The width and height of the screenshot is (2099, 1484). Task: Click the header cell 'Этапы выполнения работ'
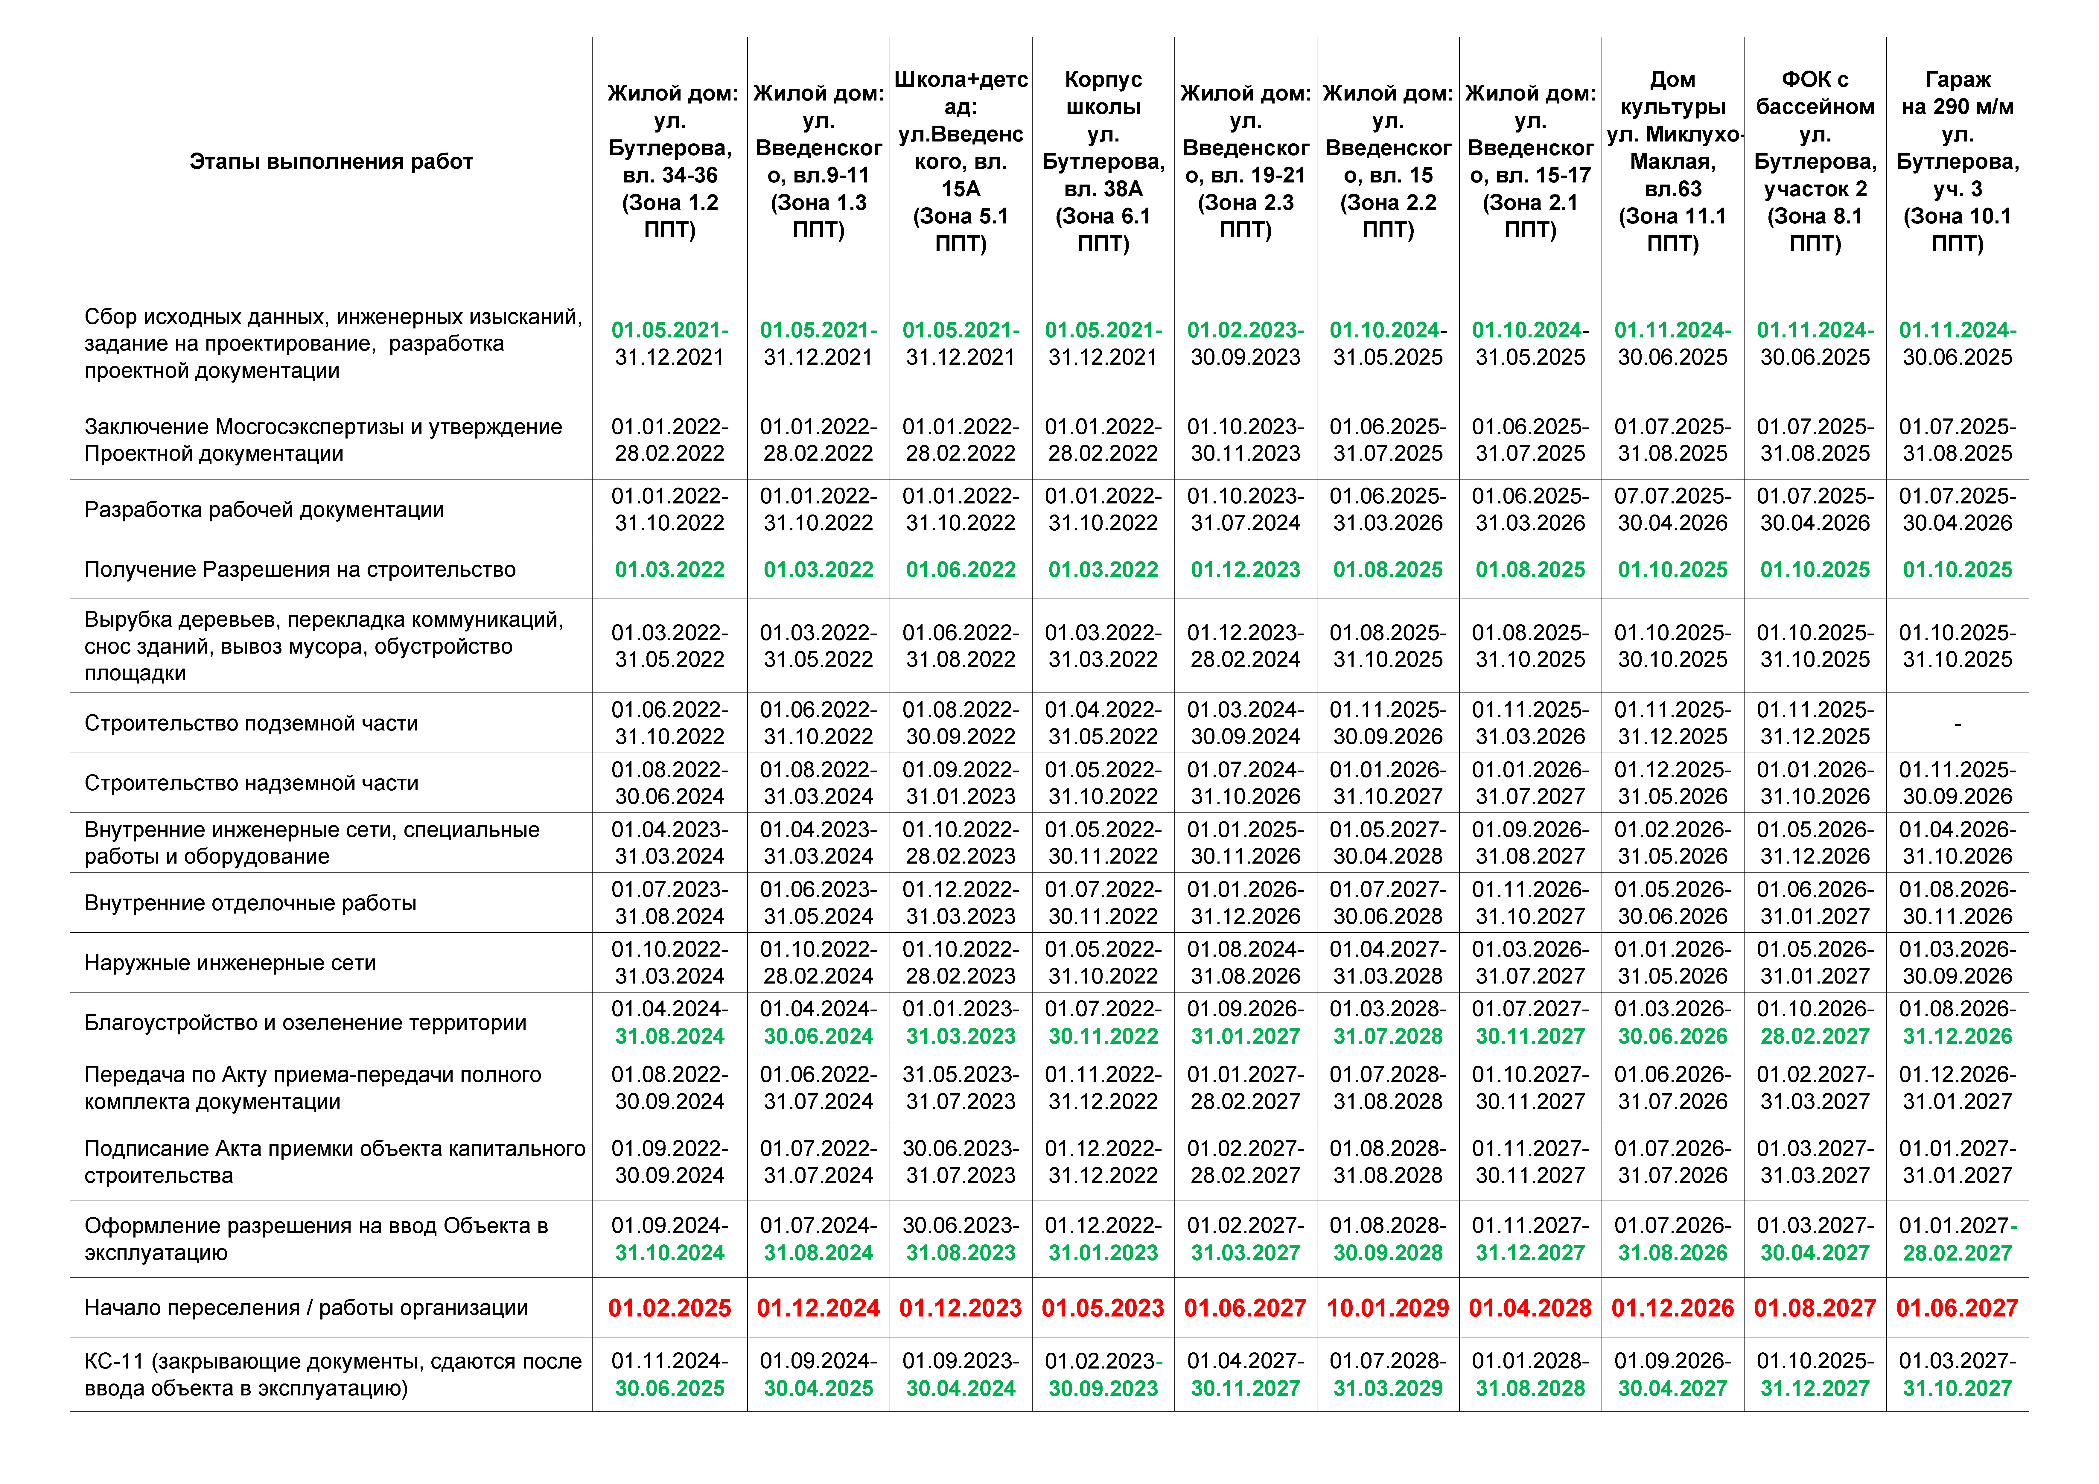pos(331,162)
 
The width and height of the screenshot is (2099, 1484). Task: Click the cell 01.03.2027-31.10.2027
pos(1957,1374)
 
